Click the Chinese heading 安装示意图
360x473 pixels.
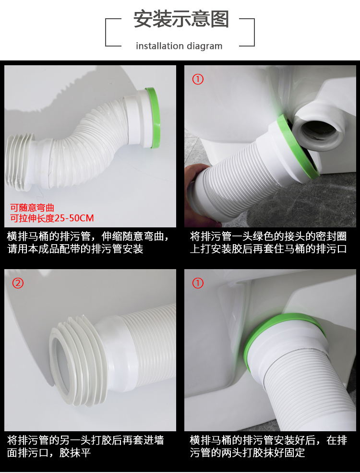(181, 19)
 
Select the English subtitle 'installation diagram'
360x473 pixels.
(179, 46)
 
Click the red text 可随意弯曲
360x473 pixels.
(32, 208)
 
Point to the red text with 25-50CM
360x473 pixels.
(52, 218)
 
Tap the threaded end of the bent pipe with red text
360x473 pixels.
(19, 162)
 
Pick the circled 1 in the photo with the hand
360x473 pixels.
(198, 79)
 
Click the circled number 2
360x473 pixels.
(18, 283)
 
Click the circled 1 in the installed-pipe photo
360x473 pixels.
(198, 283)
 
